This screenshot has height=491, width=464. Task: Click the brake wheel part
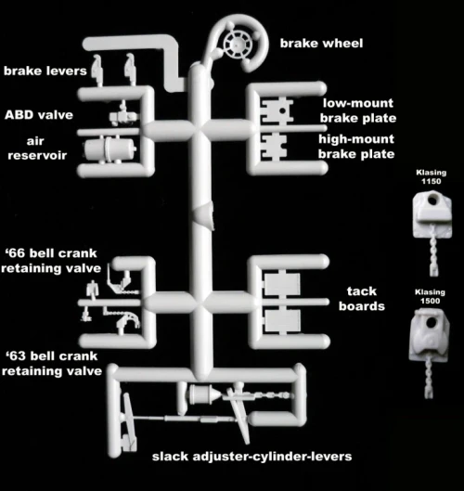tap(238, 45)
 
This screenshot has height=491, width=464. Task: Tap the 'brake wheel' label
tap(321, 44)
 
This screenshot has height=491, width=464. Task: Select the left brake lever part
tap(97, 69)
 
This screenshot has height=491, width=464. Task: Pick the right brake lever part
tap(130, 68)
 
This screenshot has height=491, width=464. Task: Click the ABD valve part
tap(122, 115)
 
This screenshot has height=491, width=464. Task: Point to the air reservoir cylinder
tap(110, 149)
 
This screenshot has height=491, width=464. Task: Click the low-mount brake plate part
tap(277, 110)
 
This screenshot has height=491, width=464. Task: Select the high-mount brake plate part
tap(275, 147)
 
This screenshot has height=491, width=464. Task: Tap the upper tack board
tap(282, 284)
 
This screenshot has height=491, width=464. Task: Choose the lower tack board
tap(282, 321)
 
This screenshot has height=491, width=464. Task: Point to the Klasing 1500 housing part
tap(430, 334)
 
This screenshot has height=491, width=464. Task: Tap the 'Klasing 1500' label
tap(430, 296)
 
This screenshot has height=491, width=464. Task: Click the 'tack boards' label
tap(362, 299)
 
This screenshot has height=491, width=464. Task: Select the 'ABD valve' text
tap(39, 115)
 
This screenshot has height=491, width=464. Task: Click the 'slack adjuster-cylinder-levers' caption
tap(252, 457)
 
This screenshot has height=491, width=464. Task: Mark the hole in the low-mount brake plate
tap(282, 110)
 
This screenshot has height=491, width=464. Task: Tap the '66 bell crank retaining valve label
tap(51, 261)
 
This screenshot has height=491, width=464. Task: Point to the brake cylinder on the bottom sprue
tap(201, 394)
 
